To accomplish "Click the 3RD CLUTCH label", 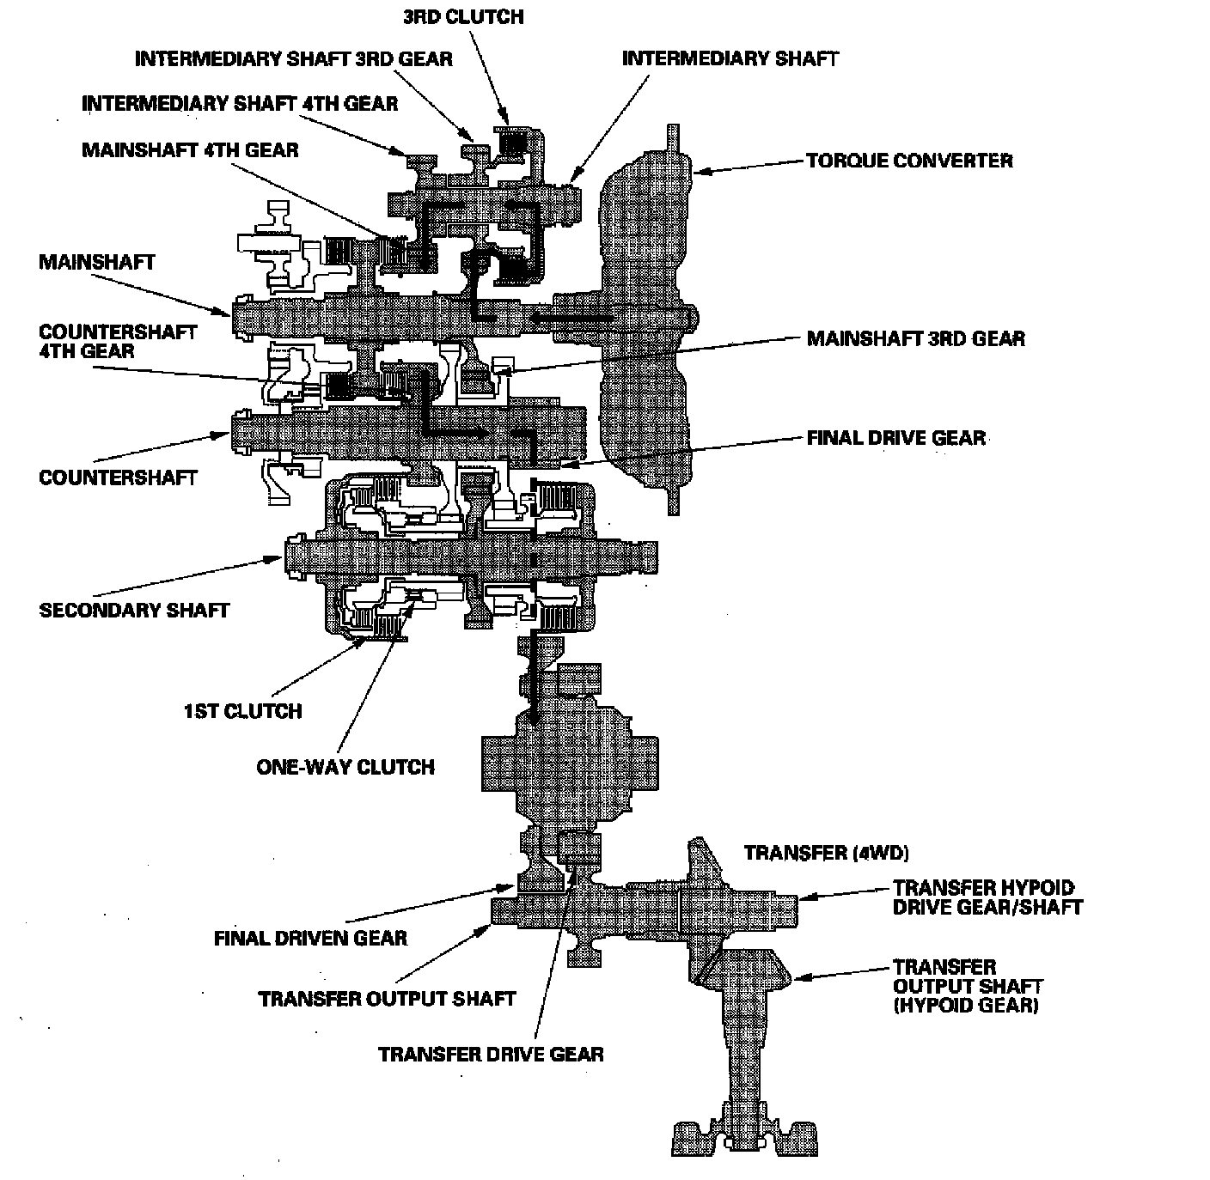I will pyautogui.click(x=462, y=16).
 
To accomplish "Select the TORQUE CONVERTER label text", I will pyautogui.click(x=909, y=161).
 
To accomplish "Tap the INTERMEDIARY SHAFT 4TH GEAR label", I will pyautogui.click(x=240, y=104).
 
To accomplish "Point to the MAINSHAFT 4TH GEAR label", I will pyautogui.click(x=190, y=150).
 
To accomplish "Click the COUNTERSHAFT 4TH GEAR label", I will pyautogui.click(x=118, y=341).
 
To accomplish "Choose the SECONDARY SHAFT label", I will pyautogui.click(x=134, y=611).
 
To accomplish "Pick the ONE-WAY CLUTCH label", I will pyautogui.click(x=345, y=766).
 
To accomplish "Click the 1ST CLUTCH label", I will pyautogui.click(x=242, y=711).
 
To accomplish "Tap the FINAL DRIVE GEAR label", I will pyautogui.click(x=895, y=438).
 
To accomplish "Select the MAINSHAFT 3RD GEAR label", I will pyautogui.click(x=915, y=338).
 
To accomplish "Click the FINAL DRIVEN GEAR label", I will pyautogui.click(x=310, y=937).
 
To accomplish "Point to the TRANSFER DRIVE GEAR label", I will pyautogui.click(x=491, y=1054).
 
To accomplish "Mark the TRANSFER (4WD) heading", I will pyautogui.click(x=826, y=853).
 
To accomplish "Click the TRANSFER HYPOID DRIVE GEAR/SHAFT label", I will pyautogui.click(x=987, y=897).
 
